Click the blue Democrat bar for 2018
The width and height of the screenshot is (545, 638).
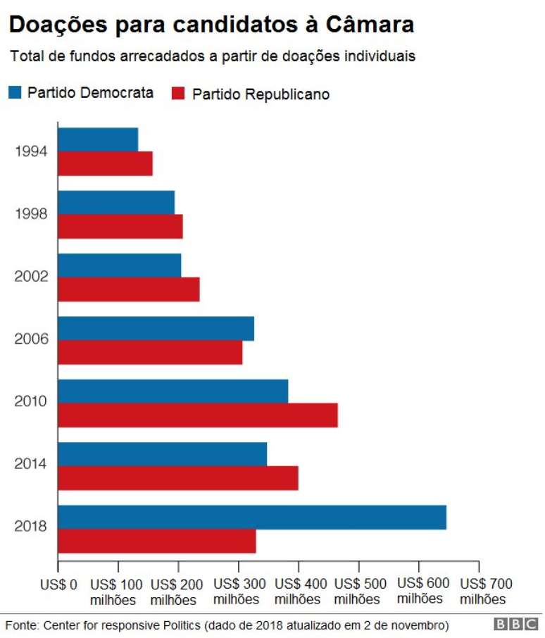(x=252, y=518)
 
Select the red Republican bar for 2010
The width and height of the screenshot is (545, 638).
(x=198, y=415)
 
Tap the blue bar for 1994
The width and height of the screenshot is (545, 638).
(x=98, y=139)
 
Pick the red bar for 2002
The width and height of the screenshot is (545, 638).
(x=129, y=289)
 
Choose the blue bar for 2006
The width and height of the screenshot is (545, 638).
(x=156, y=329)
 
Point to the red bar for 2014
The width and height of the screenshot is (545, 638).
(x=178, y=478)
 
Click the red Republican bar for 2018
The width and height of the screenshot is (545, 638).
(x=157, y=542)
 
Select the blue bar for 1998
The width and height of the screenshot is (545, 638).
(x=116, y=202)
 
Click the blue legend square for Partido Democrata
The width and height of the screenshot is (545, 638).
(x=15, y=92)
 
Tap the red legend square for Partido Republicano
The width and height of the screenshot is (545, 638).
(x=178, y=94)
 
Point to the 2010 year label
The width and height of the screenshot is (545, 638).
(x=30, y=401)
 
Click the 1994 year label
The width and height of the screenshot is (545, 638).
(x=30, y=151)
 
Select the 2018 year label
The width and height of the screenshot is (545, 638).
(x=30, y=527)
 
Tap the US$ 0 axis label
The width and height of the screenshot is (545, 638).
(x=58, y=584)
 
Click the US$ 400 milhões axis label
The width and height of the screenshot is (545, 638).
(x=299, y=592)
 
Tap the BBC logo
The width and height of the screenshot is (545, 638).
(x=516, y=625)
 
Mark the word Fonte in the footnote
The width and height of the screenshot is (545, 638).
(x=22, y=625)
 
